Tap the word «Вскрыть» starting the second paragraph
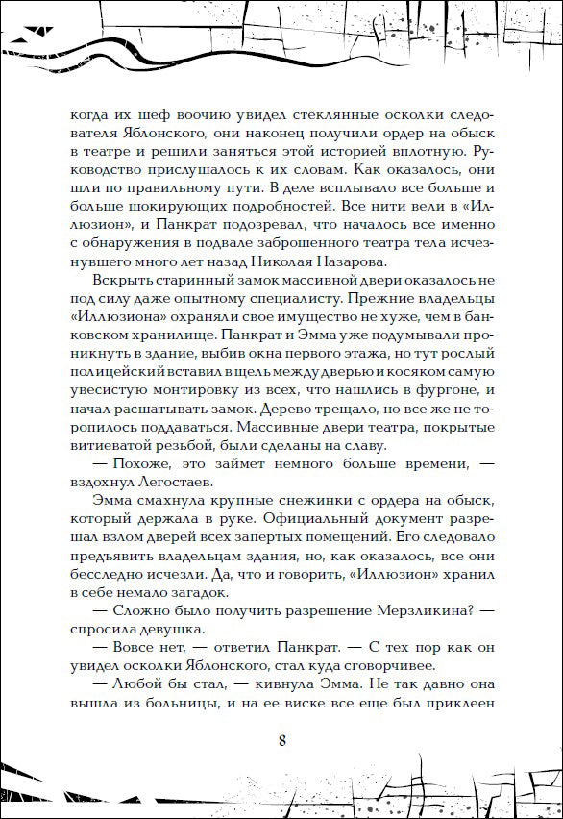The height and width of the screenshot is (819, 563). [123, 280]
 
